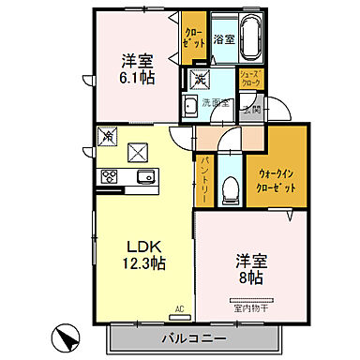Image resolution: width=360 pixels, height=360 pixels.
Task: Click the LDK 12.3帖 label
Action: tap(146, 255)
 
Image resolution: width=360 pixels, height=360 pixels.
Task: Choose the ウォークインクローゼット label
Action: tap(278, 179)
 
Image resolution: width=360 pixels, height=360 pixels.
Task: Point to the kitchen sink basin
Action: tap(144, 177)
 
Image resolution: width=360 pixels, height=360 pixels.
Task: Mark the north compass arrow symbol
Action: tap(65, 333)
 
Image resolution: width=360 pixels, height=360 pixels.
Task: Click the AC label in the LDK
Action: tap(178, 307)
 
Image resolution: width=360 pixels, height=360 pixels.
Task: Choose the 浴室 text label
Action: tap(223, 39)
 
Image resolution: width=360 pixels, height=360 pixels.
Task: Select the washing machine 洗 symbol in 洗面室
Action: tap(199, 78)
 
